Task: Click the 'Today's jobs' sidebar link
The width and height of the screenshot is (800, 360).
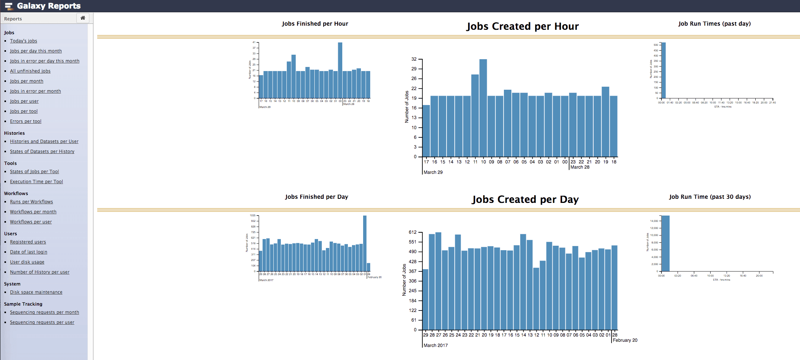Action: (23, 41)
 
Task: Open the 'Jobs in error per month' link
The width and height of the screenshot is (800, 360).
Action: (35, 91)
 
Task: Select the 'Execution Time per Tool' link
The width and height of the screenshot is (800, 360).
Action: (36, 182)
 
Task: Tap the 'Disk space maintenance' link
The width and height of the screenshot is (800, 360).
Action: (36, 292)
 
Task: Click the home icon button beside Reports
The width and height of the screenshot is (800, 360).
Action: (83, 18)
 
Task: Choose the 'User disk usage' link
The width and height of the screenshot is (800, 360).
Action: (27, 262)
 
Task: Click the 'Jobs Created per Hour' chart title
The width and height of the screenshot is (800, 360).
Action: (523, 26)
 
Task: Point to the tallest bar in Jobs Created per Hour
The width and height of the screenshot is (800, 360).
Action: (483, 108)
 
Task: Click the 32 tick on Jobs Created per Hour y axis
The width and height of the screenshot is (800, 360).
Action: (414, 59)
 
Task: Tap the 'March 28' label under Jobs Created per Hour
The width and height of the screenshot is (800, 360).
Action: (580, 167)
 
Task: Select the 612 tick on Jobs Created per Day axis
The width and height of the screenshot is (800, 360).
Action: (413, 232)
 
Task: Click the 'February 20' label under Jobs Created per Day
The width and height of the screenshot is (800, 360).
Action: (625, 340)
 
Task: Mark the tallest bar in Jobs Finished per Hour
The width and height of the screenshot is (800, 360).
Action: (340, 71)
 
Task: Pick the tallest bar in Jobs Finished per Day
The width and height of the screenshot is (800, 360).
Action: (365, 244)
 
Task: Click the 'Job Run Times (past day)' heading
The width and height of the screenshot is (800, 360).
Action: (714, 24)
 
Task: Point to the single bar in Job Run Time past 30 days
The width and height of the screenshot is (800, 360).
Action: (665, 244)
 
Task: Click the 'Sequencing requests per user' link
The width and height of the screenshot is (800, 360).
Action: (42, 322)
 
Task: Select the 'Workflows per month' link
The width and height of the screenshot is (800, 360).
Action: (33, 212)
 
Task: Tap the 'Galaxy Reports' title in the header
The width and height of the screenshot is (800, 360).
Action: (49, 6)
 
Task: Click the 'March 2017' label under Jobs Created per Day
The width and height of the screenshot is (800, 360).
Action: (435, 345)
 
